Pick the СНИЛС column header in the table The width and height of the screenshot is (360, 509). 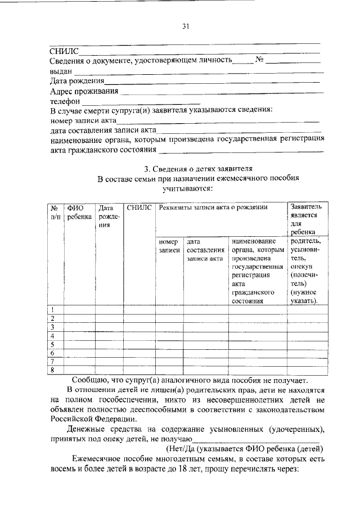coord(139,208)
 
